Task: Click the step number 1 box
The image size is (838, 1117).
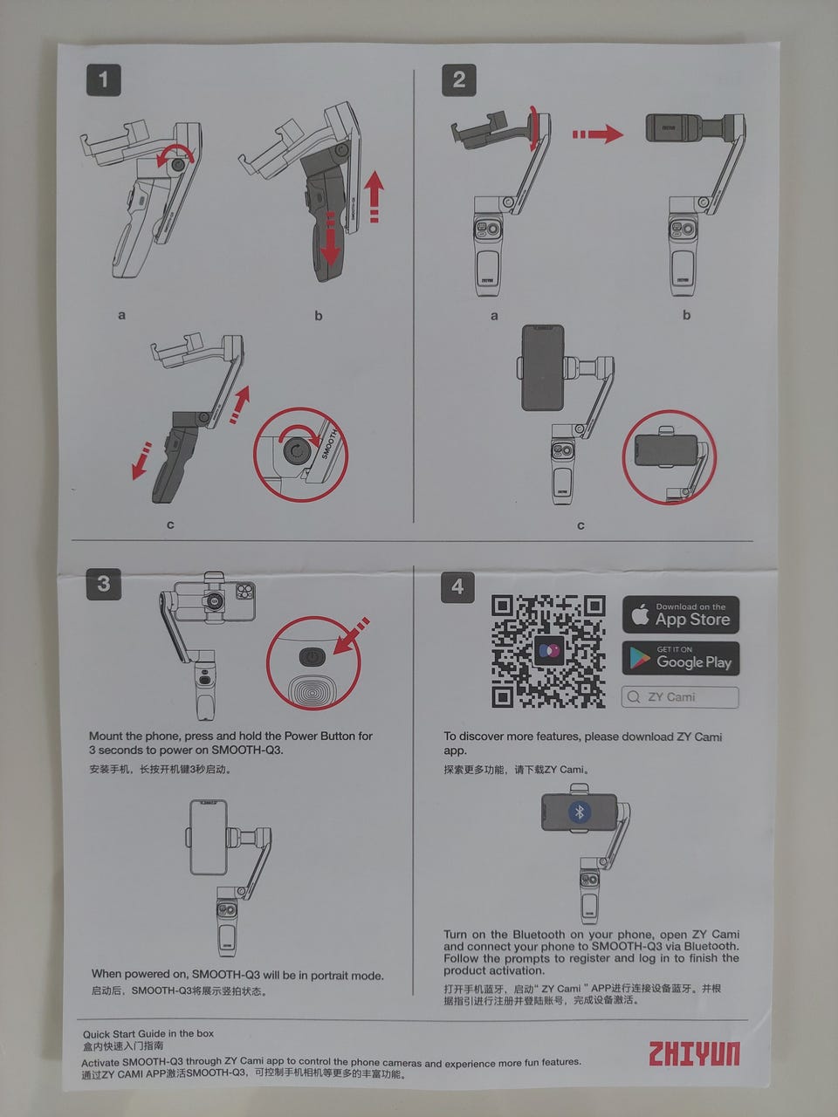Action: click(104, 80)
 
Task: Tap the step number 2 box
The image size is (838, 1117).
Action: click(459, 80)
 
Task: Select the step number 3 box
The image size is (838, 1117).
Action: click(104, 584)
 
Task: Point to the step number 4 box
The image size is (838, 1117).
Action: click(458, 586)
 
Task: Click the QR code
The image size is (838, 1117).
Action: click(548, 651)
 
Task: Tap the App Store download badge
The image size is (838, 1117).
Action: click(681, 614)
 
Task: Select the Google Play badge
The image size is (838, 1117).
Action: click(681, 658)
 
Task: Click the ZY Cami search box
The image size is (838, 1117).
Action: click(680, 697)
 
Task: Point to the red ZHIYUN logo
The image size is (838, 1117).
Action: click(694, 1053)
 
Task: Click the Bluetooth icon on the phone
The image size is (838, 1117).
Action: click(580, 812)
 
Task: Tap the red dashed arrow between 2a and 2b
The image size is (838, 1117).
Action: click(597, 134)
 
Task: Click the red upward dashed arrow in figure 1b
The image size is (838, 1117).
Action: click(374, 197)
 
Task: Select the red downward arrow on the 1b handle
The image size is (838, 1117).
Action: click(330, 236)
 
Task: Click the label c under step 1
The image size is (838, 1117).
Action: click(170, 524)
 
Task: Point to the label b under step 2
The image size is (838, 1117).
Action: click(686, 315)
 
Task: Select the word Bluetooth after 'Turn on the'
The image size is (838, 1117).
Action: click(539, 934)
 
